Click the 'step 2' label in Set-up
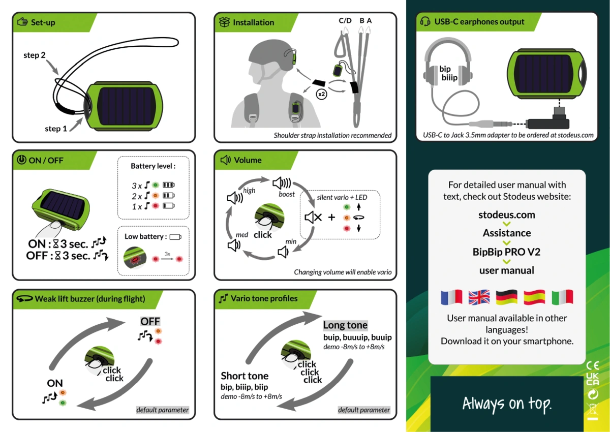pyautogui.click(x=35, y=55)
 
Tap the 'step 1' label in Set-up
pyautogui.click(x=56, y=129)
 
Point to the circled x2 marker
pyautogui.click(x=322, y=94)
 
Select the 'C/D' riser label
pyautogui.click(x=345, y=21)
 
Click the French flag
pyautogui.click(x=451, y=297)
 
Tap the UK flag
pyautogui.click(x=479, y=297)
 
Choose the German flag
pyautogui.click(x=506, y=297)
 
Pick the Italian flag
pyautogui.click(x=562, y=297)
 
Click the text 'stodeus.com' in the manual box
pyautogui.click(x=507, y=215)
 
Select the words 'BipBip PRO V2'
pyautogui.click(x=506, y=252)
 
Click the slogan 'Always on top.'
pyautogui.click(x=507, y=404)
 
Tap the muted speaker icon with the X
pyautogui.click(x=313, y=217)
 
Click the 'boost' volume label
pyautogui.click(x=287, y=194)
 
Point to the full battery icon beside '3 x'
pyautogui.click(x=169, y=185)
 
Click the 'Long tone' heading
pyautogui.click(x=345, y=325)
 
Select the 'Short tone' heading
pyautogui.click(x=245, y=376)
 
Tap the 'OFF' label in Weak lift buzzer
pyautogui.click(x=150, y=322)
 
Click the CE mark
pyautogui.click(x=593, y=365)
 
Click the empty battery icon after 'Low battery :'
pyautogui.click(x=175, y=237)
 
